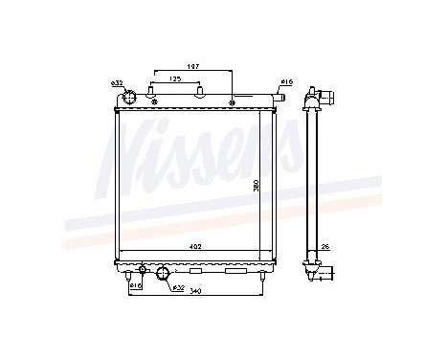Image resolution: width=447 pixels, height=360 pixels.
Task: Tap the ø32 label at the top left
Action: [117, 85]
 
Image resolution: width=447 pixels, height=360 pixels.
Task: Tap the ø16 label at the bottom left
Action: [135, 285]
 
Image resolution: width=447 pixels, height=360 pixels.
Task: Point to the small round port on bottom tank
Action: [143, 269]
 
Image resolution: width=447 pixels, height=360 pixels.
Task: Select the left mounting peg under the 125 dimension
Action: [153, 93]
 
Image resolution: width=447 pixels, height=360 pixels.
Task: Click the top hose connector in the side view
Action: [321, 98]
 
